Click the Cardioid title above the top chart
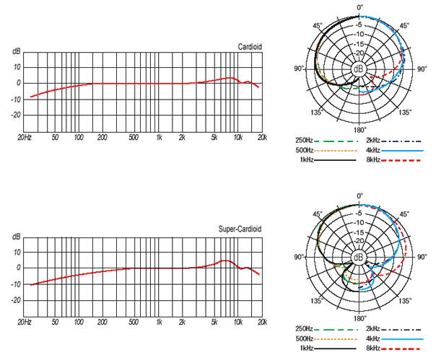coord(250,47)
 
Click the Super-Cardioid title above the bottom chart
coord(240,229)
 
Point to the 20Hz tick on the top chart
coord(25,136)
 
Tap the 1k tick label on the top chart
coord(158,136)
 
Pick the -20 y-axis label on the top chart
coord(17,115)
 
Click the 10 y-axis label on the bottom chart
coord(18,252)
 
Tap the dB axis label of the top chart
coord(17,51)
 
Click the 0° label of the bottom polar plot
coord(360,196)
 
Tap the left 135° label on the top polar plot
coord(316,113)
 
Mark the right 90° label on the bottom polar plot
coord(422,257)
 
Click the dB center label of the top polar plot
coord(359,69)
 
